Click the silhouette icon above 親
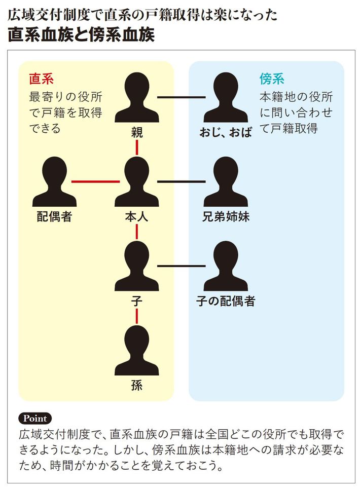pos(136,99)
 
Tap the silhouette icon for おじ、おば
pos(226,99)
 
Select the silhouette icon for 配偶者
pos(54,182)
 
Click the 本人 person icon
pos(136,182)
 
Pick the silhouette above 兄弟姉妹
pos(226,182)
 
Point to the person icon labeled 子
pos(136,267)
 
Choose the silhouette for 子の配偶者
pos(226,267)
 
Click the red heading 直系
pos(42,79)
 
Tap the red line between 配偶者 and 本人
pos(95,181)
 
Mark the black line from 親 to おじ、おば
pos(181,97)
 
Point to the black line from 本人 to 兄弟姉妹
pos(181,181)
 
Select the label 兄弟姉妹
pos(226,217)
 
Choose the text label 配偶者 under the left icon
pos(54,217)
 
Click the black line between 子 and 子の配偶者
pos(181,266)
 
